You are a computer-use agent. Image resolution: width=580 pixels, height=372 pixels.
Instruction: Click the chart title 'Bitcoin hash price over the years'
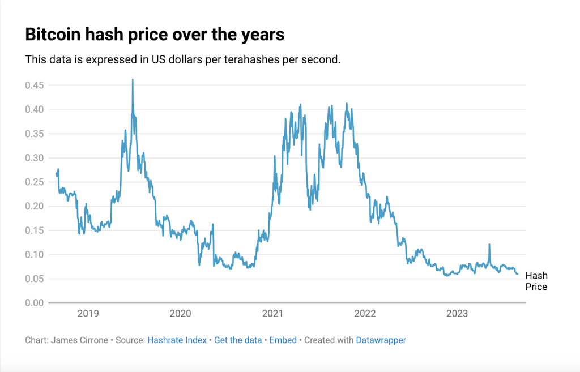coord(155,35)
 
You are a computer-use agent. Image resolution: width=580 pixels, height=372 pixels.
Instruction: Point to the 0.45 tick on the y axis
coord(35,85)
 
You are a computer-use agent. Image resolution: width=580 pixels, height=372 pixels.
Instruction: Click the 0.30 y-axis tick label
coord(35,158)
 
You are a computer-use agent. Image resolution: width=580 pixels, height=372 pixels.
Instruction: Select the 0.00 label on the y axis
coord(35,303)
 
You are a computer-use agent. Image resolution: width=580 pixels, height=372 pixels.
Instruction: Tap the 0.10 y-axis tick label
coord(35,255)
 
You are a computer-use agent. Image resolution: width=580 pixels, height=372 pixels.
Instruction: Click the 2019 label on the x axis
coord(88,314)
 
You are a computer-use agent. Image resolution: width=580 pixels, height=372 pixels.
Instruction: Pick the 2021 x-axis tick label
coord(272,314)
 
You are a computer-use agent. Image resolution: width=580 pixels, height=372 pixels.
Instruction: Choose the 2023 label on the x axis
coord(457,314)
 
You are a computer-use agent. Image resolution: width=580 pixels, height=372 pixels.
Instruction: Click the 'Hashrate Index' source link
coord(177,340)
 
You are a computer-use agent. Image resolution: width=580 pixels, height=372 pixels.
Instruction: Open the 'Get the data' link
coord(238,340)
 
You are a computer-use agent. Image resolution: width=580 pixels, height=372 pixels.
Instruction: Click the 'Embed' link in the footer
coord(283,340)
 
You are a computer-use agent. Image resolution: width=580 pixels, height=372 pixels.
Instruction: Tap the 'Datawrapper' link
coord(381,340)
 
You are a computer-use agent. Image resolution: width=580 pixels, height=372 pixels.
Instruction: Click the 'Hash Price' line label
coord(536,281)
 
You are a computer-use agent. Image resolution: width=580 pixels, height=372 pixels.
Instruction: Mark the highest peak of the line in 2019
coord(133,80)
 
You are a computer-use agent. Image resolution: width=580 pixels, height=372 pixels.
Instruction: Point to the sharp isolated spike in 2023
coord(489,245)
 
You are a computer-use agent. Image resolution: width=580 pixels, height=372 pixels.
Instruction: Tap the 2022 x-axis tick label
coord(365,314)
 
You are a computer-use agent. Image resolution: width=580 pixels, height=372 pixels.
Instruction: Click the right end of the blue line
coord(517,274)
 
